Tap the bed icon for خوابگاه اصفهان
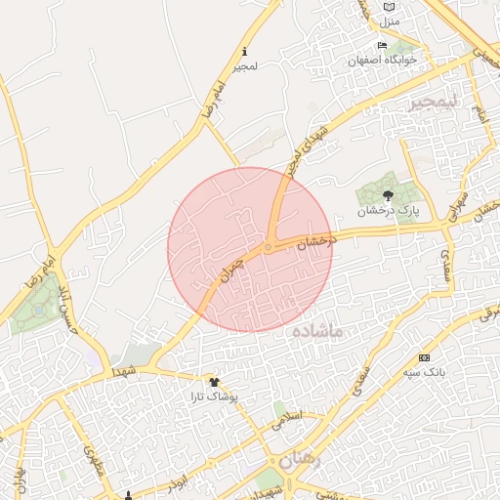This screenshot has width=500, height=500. point(382,46)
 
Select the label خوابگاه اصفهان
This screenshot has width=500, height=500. point(383,61)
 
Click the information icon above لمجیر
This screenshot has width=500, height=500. point(244,51)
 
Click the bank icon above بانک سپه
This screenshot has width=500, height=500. point(424,357)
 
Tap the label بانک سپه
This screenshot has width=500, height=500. point(424,372)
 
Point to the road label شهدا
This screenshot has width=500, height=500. point(124,372)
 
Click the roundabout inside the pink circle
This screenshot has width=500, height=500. point(269,247)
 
